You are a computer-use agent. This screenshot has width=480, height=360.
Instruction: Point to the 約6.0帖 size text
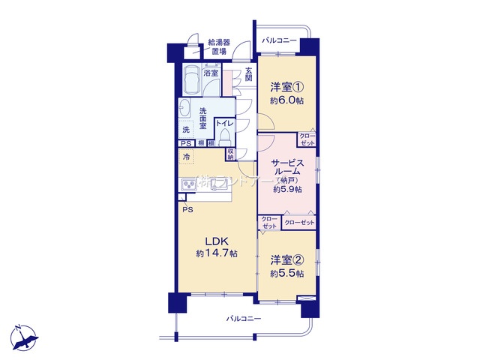tap(286, 99)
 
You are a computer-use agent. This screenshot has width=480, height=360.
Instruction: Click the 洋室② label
tap(286, 262)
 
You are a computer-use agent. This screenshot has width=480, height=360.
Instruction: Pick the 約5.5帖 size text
tap(286, 274)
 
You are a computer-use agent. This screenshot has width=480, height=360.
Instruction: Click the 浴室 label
tap(211, 73)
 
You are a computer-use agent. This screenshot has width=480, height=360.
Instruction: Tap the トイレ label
tap(225, 123)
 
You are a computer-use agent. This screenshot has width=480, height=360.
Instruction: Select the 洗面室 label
tap(202, 120)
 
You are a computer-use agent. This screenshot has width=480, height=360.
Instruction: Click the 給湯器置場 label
tap(219, 46)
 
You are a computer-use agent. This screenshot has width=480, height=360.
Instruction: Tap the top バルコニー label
tap(279, 40)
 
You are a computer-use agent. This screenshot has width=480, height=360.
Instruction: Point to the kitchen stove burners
tap(190, 184)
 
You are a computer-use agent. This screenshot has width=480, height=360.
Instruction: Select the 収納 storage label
tap(230, 153)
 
